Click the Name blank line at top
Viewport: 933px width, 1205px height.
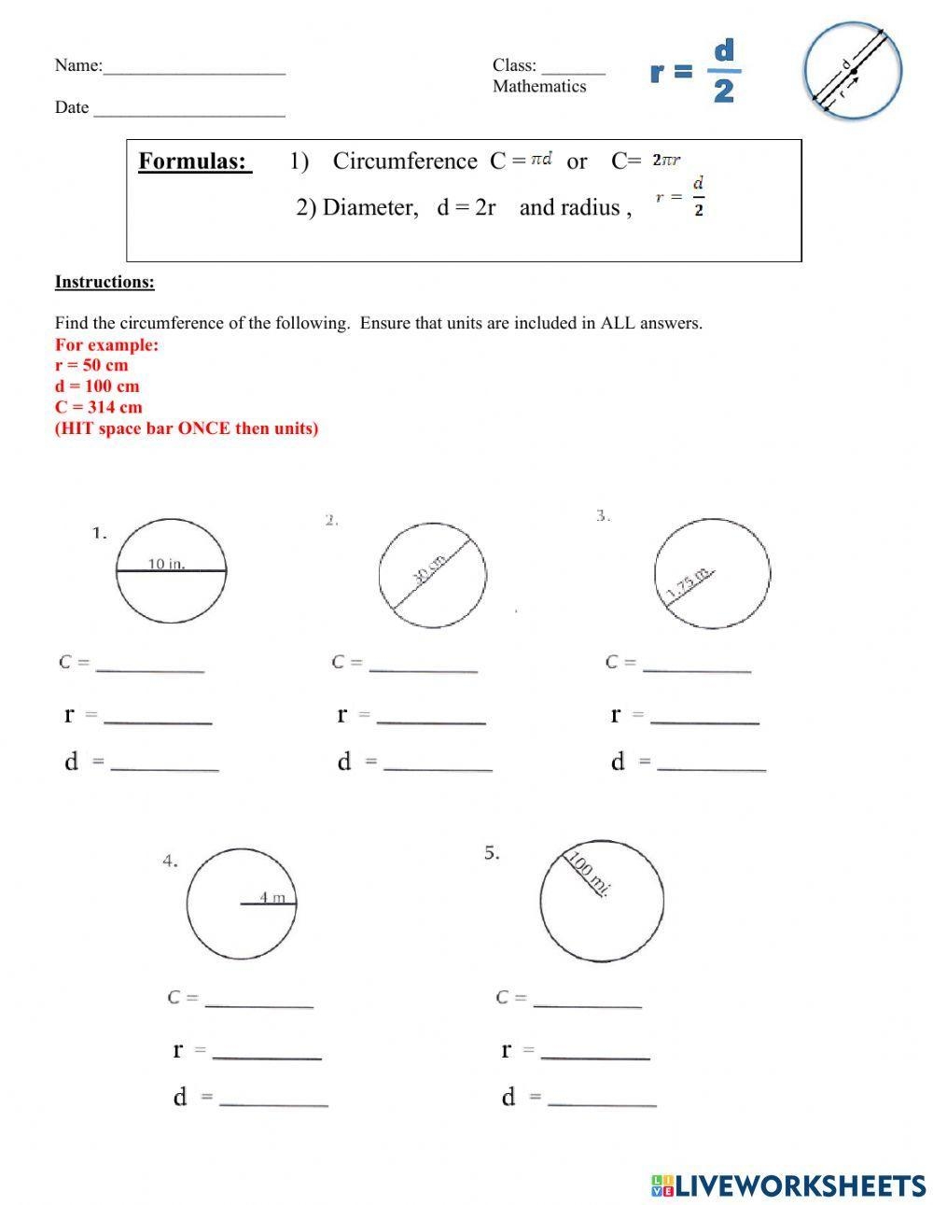point(194,67)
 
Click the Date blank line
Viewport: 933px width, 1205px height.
point(188,109)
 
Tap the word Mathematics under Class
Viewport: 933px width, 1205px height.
point(539,87)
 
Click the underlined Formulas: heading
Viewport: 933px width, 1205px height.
point(194,161)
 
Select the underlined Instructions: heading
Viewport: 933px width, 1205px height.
point(104,282)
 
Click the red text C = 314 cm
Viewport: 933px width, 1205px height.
point(99,407)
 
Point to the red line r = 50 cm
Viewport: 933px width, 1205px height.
point(91,365)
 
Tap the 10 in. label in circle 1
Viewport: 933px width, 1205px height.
point(167,563)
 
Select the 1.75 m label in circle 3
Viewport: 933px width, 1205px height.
point(689,583)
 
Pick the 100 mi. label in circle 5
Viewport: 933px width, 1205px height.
point(589,875)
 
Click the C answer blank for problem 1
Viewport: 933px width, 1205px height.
point(150,665)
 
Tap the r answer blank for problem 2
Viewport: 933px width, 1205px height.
point(431,717)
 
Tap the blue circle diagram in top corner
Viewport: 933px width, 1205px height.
point(852,71)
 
